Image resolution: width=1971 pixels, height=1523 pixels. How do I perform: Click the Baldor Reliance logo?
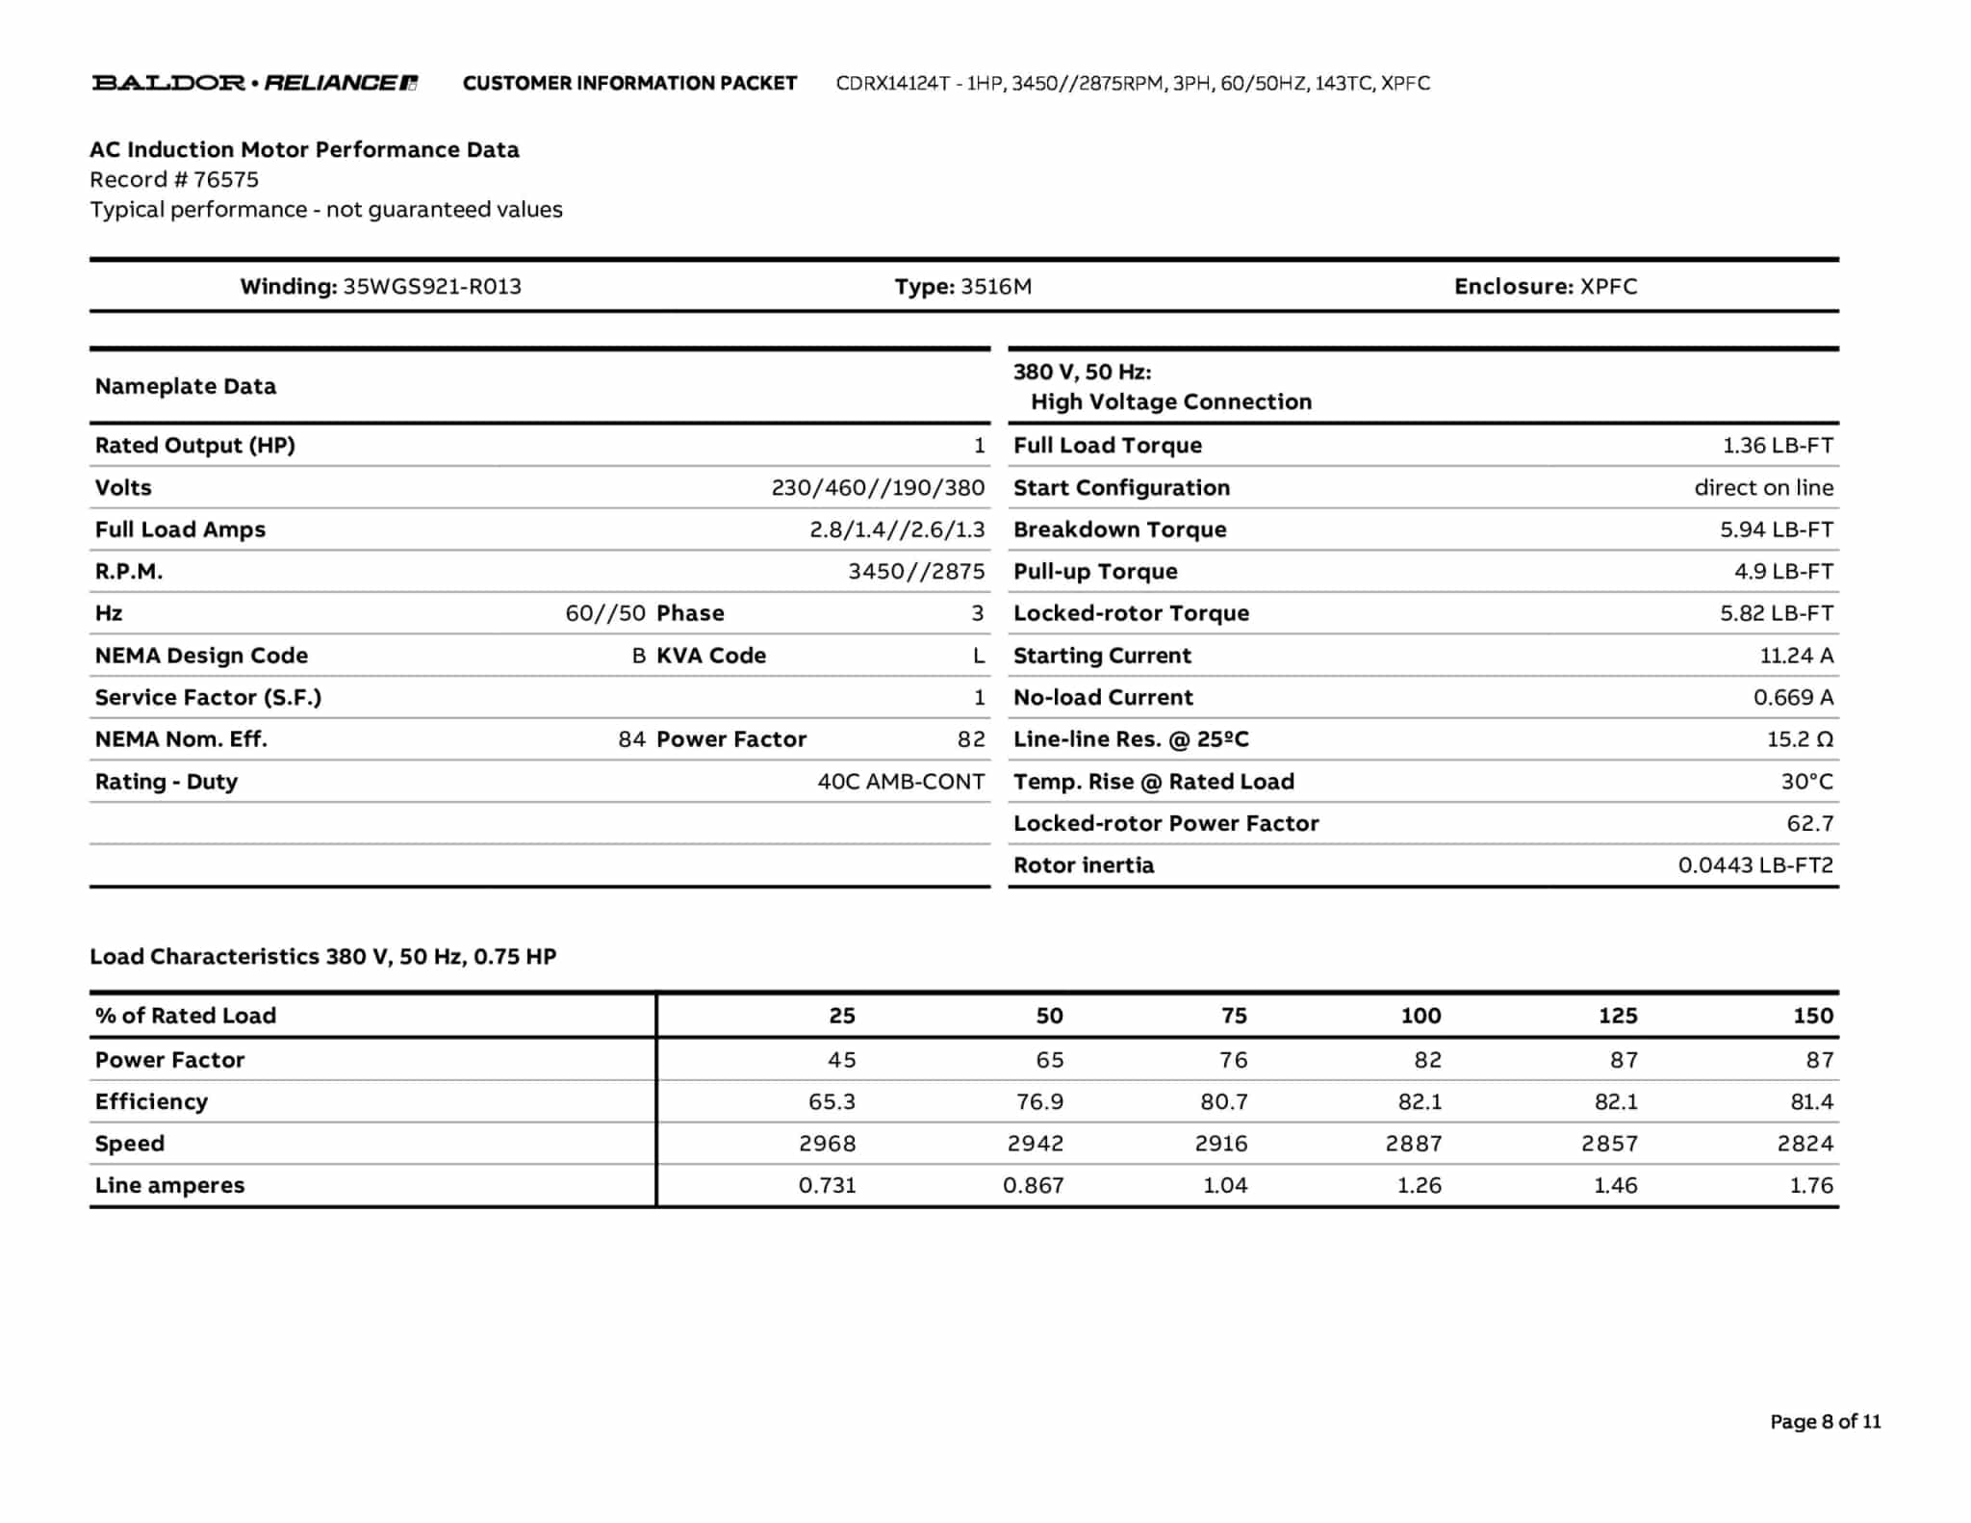(254, 83)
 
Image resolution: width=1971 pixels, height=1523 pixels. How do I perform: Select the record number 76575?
(225, 180)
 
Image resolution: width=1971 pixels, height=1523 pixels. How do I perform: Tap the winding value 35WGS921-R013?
(432, 287)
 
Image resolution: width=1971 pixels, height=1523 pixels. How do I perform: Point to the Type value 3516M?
(996, 287)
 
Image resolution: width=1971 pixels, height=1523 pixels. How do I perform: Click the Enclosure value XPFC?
(1608, 287)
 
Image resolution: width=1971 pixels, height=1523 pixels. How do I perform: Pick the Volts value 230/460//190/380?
(878, 488)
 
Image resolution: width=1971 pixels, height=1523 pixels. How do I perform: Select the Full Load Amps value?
(897, 530)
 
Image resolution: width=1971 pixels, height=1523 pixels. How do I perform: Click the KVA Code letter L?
(979, 657)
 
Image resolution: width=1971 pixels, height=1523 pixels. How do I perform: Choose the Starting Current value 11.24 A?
(1796, 657)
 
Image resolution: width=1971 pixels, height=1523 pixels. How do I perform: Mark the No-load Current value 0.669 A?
(1793, 698)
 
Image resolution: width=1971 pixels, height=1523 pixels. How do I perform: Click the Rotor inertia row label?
(1084, 865)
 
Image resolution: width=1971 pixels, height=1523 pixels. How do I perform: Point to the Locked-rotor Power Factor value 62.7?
(1809, 824)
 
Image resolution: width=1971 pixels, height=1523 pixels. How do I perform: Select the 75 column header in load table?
(1234, 1016)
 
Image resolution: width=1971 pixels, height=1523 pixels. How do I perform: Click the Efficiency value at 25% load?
(832, 1102)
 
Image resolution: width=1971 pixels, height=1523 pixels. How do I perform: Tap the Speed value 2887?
(1413, 1144)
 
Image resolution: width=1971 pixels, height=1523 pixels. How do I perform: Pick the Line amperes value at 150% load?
(1811, 1186)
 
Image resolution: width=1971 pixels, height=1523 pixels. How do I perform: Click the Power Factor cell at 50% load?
(1049, 1060)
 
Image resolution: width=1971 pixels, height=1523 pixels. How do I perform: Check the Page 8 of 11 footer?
(1825, 1422)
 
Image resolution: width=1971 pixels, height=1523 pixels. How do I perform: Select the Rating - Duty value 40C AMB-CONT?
(901, 782)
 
